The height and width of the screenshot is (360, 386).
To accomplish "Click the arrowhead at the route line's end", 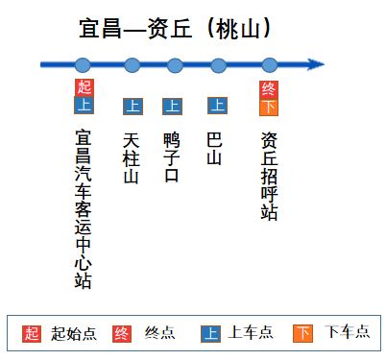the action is click(316, 65).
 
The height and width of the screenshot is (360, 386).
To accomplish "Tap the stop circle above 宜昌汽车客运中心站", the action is click(83, 65).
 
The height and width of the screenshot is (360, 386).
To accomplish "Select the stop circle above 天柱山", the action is click(132, 65).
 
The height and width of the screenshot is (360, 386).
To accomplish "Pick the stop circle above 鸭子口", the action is click(175, 65).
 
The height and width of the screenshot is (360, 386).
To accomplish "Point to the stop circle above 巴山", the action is click(218, 65).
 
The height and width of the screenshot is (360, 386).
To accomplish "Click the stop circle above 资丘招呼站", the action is click(269, 65).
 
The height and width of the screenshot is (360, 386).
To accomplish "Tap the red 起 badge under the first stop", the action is click(84, 87).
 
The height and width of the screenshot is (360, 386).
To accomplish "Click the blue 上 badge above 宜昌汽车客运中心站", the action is click(84, 105).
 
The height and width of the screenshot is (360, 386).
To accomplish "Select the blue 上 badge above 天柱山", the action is click(133, 106).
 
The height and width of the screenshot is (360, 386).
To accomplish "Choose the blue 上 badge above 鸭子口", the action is click(173, 106).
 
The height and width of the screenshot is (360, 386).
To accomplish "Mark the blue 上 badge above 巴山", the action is click(218, 106).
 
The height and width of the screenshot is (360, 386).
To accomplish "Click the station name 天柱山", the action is click(133, 156).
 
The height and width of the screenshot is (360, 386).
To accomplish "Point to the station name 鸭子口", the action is click(173, 156).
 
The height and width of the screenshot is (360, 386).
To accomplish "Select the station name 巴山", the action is click(215, 147).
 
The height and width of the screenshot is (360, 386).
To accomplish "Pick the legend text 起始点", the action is click(74, 333).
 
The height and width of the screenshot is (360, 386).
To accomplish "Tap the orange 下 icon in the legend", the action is click(302, 333).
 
